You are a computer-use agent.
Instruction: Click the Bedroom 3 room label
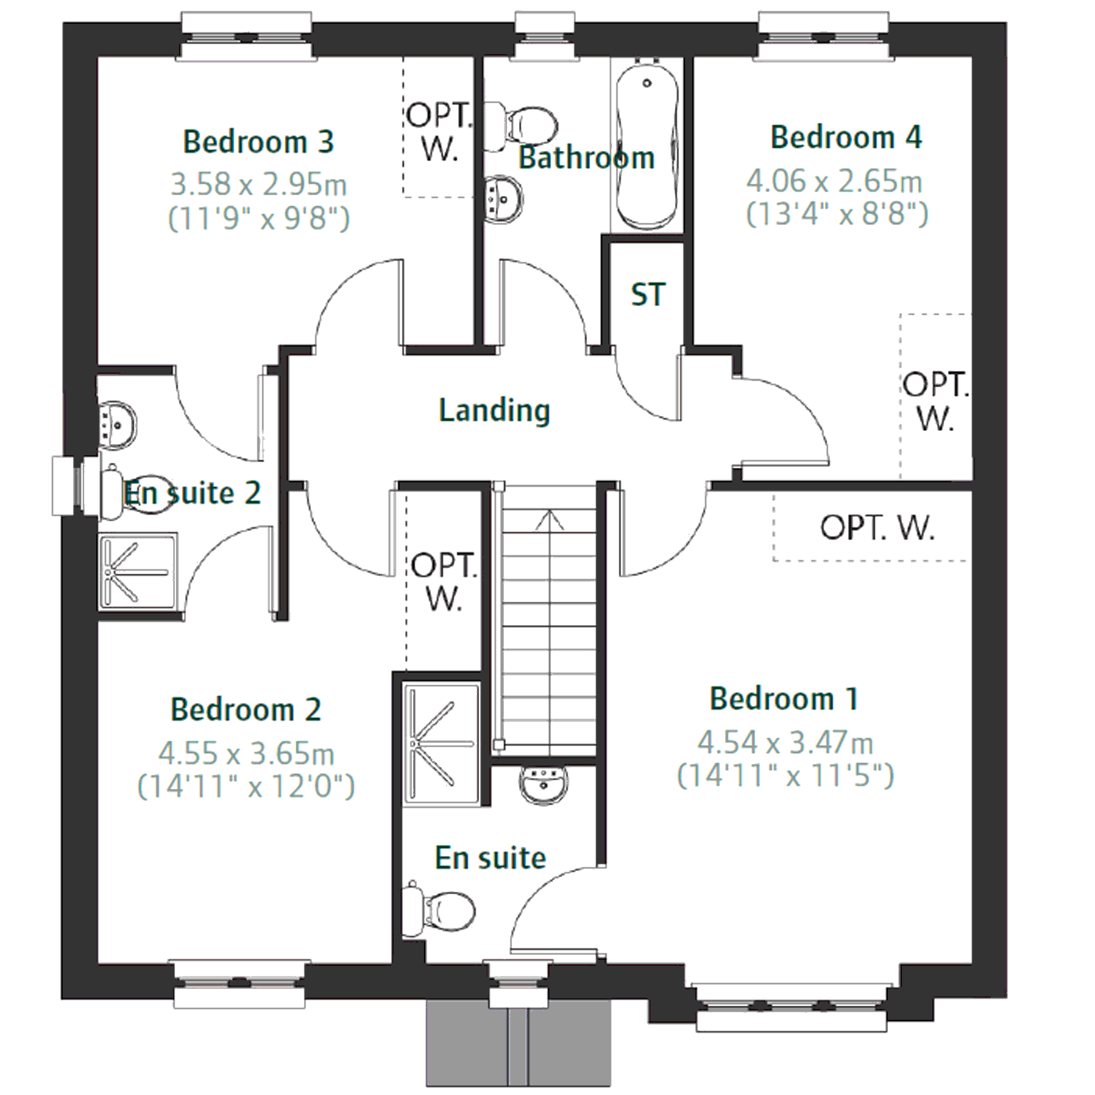pyautogui.click(x=258, y=142)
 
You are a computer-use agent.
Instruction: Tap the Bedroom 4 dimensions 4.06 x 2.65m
pyautogui.click(x=834, y=181)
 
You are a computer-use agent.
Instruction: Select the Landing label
pyautogui.click(x=494, y=410)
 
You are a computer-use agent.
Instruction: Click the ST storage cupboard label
pyautogui.click(x=648, y=295)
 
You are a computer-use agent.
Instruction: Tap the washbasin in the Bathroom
pyautogui.click(x=503, y=199)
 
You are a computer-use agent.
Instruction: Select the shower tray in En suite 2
pyautogui.click(x=138, y=572)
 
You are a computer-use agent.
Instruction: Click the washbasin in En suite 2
pyautogui.click(x=117, y=426)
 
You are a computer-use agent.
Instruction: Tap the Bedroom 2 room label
pyautogui.click(x=246, y=709)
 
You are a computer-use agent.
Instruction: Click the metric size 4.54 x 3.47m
pyautogui.click(x=786, y=742)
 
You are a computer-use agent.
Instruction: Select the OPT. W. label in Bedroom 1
pyautogui.click(x=877, y=528)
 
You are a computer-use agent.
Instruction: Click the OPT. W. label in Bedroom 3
pyautogui.click(x=439, y=132)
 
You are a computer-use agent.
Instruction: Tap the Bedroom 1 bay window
pyautogui.click(x=791, y=1006)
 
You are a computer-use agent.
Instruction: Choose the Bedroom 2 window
pyautogui.click(x=239, y=984)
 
